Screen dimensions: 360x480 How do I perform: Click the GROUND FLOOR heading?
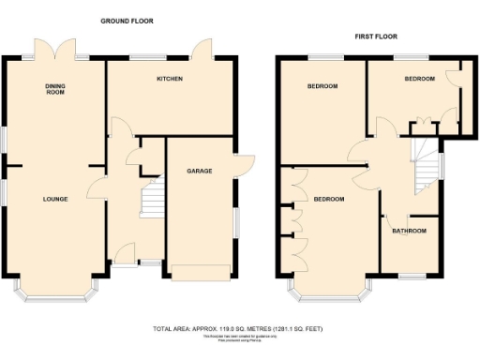pos(127,21)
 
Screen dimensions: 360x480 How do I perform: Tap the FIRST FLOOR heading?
pos(375,36)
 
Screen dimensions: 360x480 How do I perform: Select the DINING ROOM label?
pos(55,90)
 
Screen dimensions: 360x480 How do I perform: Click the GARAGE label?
pos(199,172)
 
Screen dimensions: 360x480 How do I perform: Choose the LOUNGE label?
pos(54,199)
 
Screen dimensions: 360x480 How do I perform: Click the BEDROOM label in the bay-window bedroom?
pos(329,200)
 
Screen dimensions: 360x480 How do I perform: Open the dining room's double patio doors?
pos(54,50)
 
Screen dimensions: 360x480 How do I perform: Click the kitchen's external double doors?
pos(201,50)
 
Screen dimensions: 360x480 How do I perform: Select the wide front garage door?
pos(199,272)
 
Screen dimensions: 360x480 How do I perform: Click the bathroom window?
pos(412,275)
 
